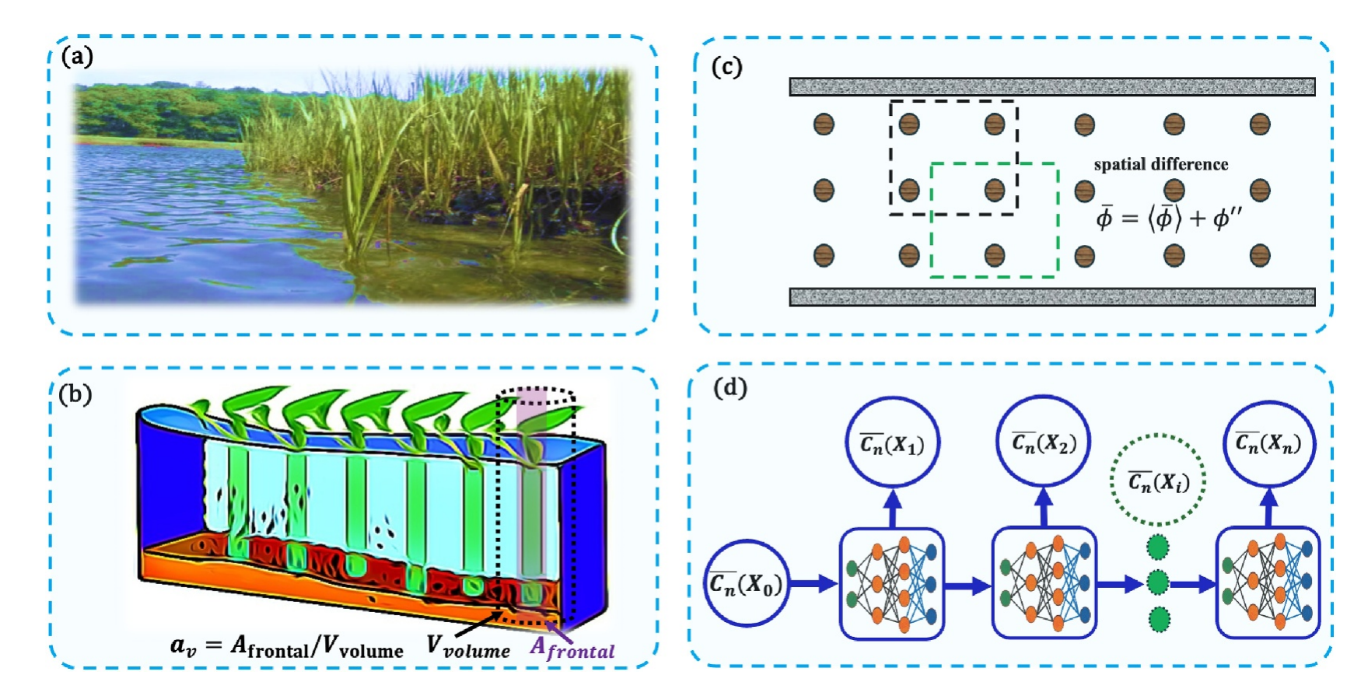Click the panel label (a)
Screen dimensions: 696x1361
pos(77,57)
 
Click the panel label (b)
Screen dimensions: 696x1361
pos(75,394)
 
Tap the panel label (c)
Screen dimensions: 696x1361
pos(727,67)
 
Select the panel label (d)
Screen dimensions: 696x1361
pos(729,387)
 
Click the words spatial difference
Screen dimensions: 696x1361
pos(1160,164)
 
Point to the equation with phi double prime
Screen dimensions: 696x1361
pos(1168,218)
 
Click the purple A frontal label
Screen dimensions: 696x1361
pos(572,648)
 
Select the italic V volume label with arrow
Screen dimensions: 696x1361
pos(468,646)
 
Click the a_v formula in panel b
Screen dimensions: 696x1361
pos(286,646)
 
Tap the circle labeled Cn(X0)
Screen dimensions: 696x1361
pos(745,583)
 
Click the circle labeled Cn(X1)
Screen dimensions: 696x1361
pos(892,445)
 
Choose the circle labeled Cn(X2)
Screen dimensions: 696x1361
pos(1044,443)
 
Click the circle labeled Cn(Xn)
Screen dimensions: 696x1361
pos(1268,443)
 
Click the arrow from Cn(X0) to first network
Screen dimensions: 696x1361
pos(814,583)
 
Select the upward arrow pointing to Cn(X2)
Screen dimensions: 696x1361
pos(1044,507)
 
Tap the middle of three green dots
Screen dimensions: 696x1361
pos(1158,582)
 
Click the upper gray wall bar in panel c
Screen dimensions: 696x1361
pos(1051,86)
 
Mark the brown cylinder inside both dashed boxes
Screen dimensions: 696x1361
pos(994,190)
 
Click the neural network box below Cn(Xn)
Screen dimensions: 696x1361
pos(1268,582)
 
